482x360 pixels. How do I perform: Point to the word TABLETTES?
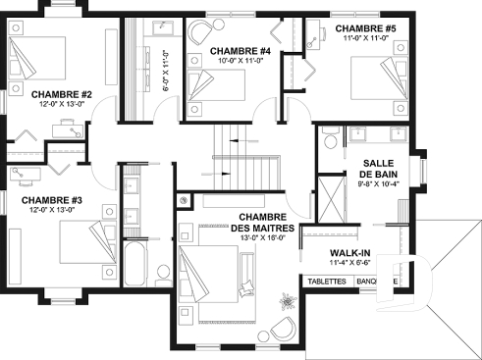[326, 281]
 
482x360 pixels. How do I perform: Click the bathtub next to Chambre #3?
[134, 266]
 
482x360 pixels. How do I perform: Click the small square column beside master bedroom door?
[184, 201]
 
